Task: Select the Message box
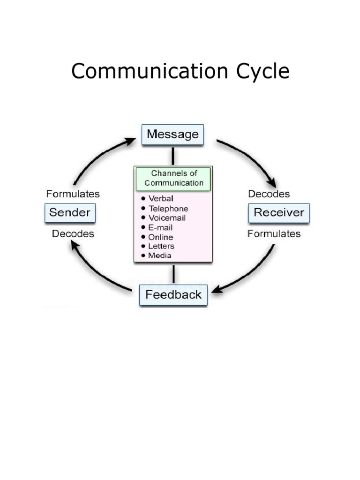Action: [172, 135]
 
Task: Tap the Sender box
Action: [70, 213]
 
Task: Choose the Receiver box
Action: [278, 213]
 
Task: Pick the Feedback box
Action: [173, 295]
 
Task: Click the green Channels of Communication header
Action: [173, 178]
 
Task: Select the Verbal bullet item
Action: [161, 199]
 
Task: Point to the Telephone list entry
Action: [168, 209]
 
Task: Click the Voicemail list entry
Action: [167, 218]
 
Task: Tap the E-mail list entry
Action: [160, 227]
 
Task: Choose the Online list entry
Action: [161, 237]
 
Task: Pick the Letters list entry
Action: [161, 246]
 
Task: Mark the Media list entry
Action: [160, 255]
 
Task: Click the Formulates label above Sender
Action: [73, 194]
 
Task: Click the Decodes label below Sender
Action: [73, 233]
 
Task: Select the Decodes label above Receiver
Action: [269, 194]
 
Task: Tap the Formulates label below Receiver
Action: [274, 233]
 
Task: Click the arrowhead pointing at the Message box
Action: [131, 139]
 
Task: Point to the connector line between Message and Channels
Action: [173, 156]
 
